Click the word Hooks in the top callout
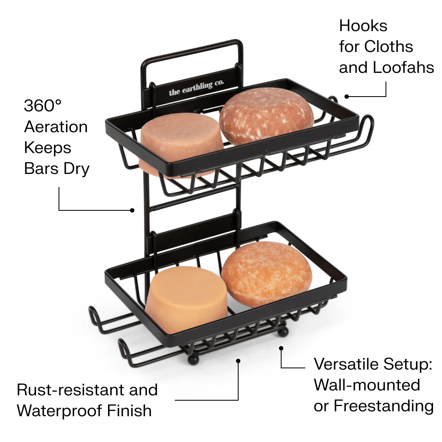[x=363, y=26]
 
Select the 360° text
[x=43, y=106]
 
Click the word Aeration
[x=56, y=127]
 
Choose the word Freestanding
[x=383, y=406]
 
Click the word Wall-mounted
[x=367, y=385]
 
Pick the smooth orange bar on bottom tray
[x=186, y=299]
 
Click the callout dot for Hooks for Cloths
[x=347, y=97]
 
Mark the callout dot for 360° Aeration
[x=132, y=210]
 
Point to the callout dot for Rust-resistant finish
[x=238, y=361]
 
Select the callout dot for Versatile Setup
[x=281, y=348]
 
